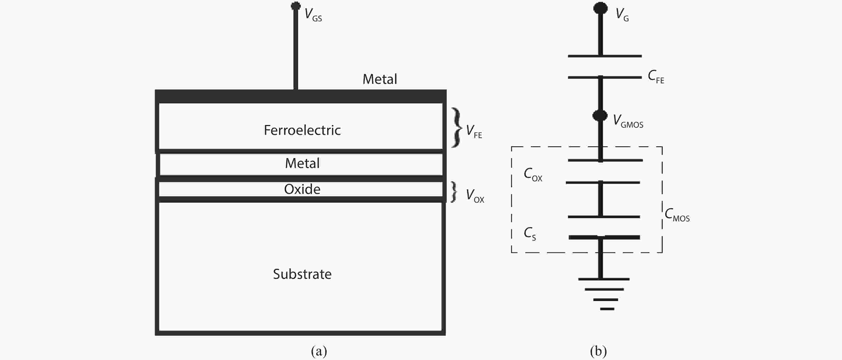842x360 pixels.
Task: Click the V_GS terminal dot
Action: tap(295, 6)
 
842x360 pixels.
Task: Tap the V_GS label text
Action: tap(313, 15)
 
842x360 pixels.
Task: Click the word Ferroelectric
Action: tap(302, 130)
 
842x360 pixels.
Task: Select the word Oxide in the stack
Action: tap(302, 189)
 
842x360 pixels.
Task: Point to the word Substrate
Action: tap(302, 274)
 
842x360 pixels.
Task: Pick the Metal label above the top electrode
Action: tap(380, 79)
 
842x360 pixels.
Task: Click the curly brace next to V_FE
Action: tap(456, 127)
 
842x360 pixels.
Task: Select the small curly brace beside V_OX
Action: tap(454, 192)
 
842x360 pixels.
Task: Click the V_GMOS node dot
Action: tap(600, 115)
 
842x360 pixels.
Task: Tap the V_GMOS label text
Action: tap(628, 121)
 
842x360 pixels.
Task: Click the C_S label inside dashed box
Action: tap(530, 234)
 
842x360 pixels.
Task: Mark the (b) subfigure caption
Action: tap(598, 351)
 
